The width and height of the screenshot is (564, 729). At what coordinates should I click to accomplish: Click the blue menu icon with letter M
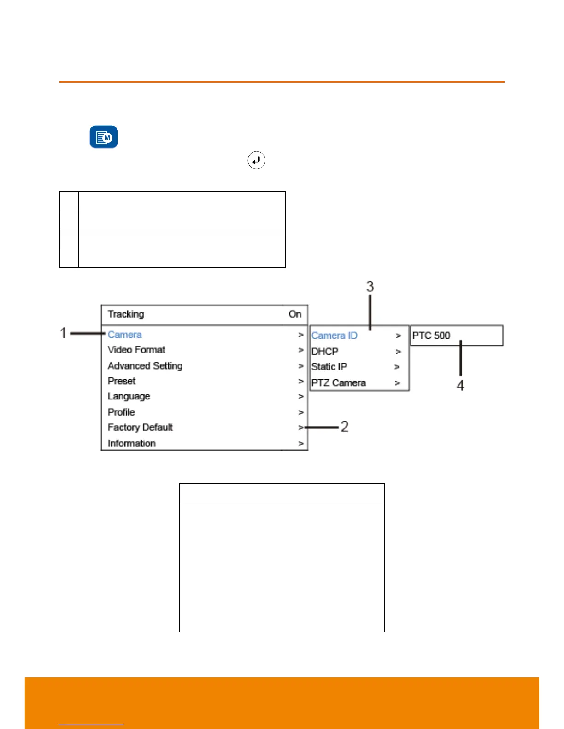(x=104, y=137)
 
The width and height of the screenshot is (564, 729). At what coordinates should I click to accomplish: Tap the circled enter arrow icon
(x=256, y=161)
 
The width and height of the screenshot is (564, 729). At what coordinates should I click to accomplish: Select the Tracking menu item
(x=126, y=314)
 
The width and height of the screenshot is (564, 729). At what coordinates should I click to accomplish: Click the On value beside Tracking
(x=295, y=314)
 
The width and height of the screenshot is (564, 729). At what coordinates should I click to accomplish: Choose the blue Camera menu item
(x=125, y=335)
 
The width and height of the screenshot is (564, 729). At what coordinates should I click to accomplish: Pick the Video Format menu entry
(x=136, y=350)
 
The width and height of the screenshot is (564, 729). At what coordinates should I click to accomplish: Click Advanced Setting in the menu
(x=145, y=366)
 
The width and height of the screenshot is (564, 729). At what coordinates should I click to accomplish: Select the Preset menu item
(x=122, y=381)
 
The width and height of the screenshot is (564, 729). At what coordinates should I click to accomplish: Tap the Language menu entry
(x=129, y=396)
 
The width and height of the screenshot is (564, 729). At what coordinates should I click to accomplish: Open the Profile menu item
(x=121, y=412)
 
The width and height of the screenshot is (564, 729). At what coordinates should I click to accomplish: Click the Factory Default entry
(x=140, y=428)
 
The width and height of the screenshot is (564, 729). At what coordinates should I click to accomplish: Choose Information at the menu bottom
(x=132, y=443)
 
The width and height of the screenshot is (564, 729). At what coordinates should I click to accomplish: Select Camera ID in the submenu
(x=335, y=336)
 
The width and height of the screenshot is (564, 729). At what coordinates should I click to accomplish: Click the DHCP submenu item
(x=325, y=352)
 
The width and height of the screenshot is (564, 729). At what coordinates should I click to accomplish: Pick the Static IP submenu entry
(x=329, y=367)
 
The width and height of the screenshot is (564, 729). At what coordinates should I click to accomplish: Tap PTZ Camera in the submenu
(x=339, y=383)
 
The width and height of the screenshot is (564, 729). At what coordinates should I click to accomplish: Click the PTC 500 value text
(x=431, y=336)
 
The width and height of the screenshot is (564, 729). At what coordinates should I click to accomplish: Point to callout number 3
(x=370, y=287)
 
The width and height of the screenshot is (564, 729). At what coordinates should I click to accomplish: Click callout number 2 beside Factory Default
(x=344, y=427)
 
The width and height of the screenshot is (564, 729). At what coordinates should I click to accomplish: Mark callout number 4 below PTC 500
(x=460, y=386)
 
